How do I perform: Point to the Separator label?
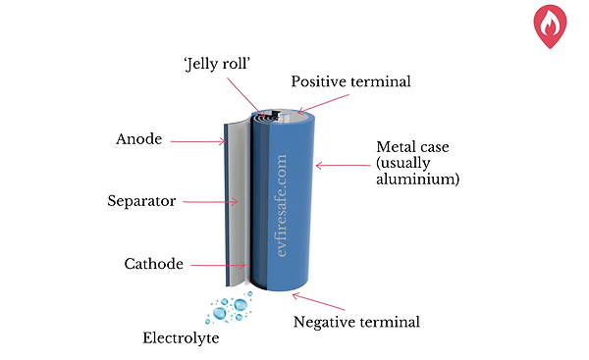pyautogui.click(x=141, y=202)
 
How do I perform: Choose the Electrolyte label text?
pyautogui.click(x=180, y=339)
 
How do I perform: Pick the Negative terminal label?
pyautogui.click(x=356, y=321)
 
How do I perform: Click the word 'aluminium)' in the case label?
pyautogui.click(x=418, y=180)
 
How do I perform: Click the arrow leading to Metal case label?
pyautogui.click(x=342, y=165)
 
